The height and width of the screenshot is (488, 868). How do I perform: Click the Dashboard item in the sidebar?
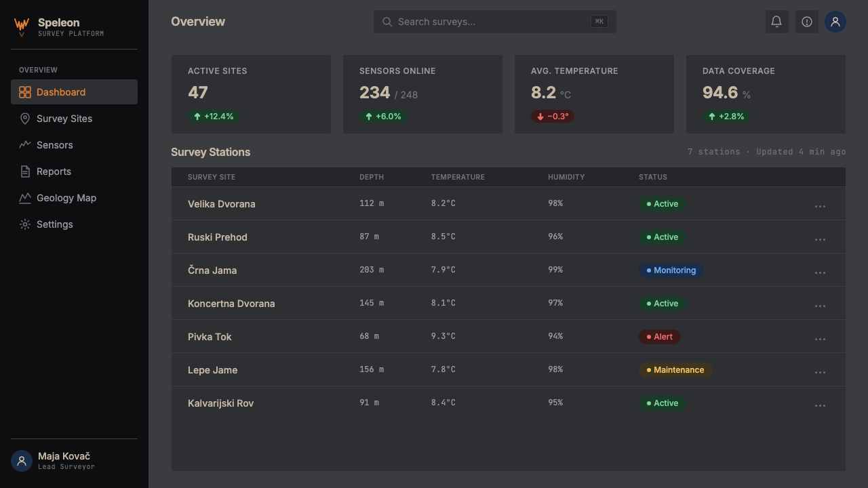pyautogui.click(x=74, y=91)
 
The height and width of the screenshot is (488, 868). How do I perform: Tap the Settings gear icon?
pyautogui.click(x=25, y=224)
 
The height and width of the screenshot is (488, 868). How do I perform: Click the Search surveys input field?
pyautogui.click(x=494, y=22)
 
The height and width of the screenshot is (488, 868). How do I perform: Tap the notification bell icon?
pyautogui.click(x=776, y=22)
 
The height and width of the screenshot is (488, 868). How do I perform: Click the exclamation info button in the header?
pyautogui.click(x=807, y=22)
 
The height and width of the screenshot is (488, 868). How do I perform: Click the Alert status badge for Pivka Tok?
pyautogui.click(x=660, y=337)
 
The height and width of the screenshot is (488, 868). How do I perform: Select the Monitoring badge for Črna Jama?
pyautogui.click(x=671, y=270)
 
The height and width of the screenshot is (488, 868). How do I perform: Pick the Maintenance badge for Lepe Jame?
pyautogui.click(x=675, y=370)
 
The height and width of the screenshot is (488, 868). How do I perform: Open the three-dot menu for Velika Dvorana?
pyautogui.click(x=820, y=207)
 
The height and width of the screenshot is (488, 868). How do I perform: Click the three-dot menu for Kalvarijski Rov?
pyautogui.click(x=820, y=405)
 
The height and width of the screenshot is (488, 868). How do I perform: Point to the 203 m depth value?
pyautogui.click(x=372, y=270)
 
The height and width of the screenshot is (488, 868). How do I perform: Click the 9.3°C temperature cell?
pyautogui.click(x=443, y=336)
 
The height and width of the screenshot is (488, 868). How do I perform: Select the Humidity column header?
pyautogui.click(x=566, y=177)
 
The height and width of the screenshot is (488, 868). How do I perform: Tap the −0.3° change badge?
pyautogui.click(x=553, y=116)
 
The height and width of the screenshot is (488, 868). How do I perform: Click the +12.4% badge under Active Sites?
pyautogui.click(x=214, y=116)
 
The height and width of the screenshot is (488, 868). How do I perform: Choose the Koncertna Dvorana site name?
pyautogui.click(x=231, y=304)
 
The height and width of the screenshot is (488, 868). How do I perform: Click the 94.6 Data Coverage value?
pyautogui.click(x=720, y=93)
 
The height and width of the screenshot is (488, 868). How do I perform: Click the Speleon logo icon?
pyautogui.click(x=22, y=26)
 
